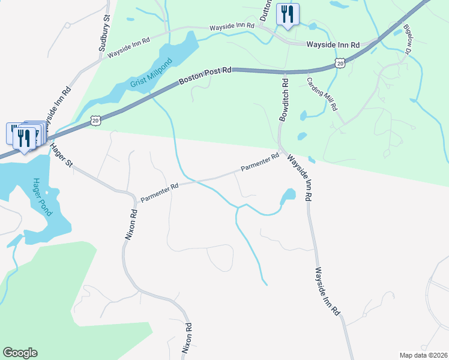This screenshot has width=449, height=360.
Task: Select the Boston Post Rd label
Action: [x=205, y=77]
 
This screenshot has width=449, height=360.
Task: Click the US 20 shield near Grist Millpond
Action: [x=95, y=121]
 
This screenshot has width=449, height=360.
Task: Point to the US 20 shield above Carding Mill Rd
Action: [x=340, y=62]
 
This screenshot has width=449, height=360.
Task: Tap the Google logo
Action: [x=20, y=352]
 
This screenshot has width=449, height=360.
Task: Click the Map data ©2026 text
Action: [x=423, y=355]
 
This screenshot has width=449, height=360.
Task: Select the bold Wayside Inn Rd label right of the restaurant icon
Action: [x=333, y=44]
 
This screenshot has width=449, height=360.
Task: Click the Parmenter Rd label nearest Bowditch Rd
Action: [x=261, y=163]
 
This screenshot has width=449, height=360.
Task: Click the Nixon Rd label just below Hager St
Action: [x=131, y=224]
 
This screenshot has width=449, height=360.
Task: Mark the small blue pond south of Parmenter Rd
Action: [x=288, y=196]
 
